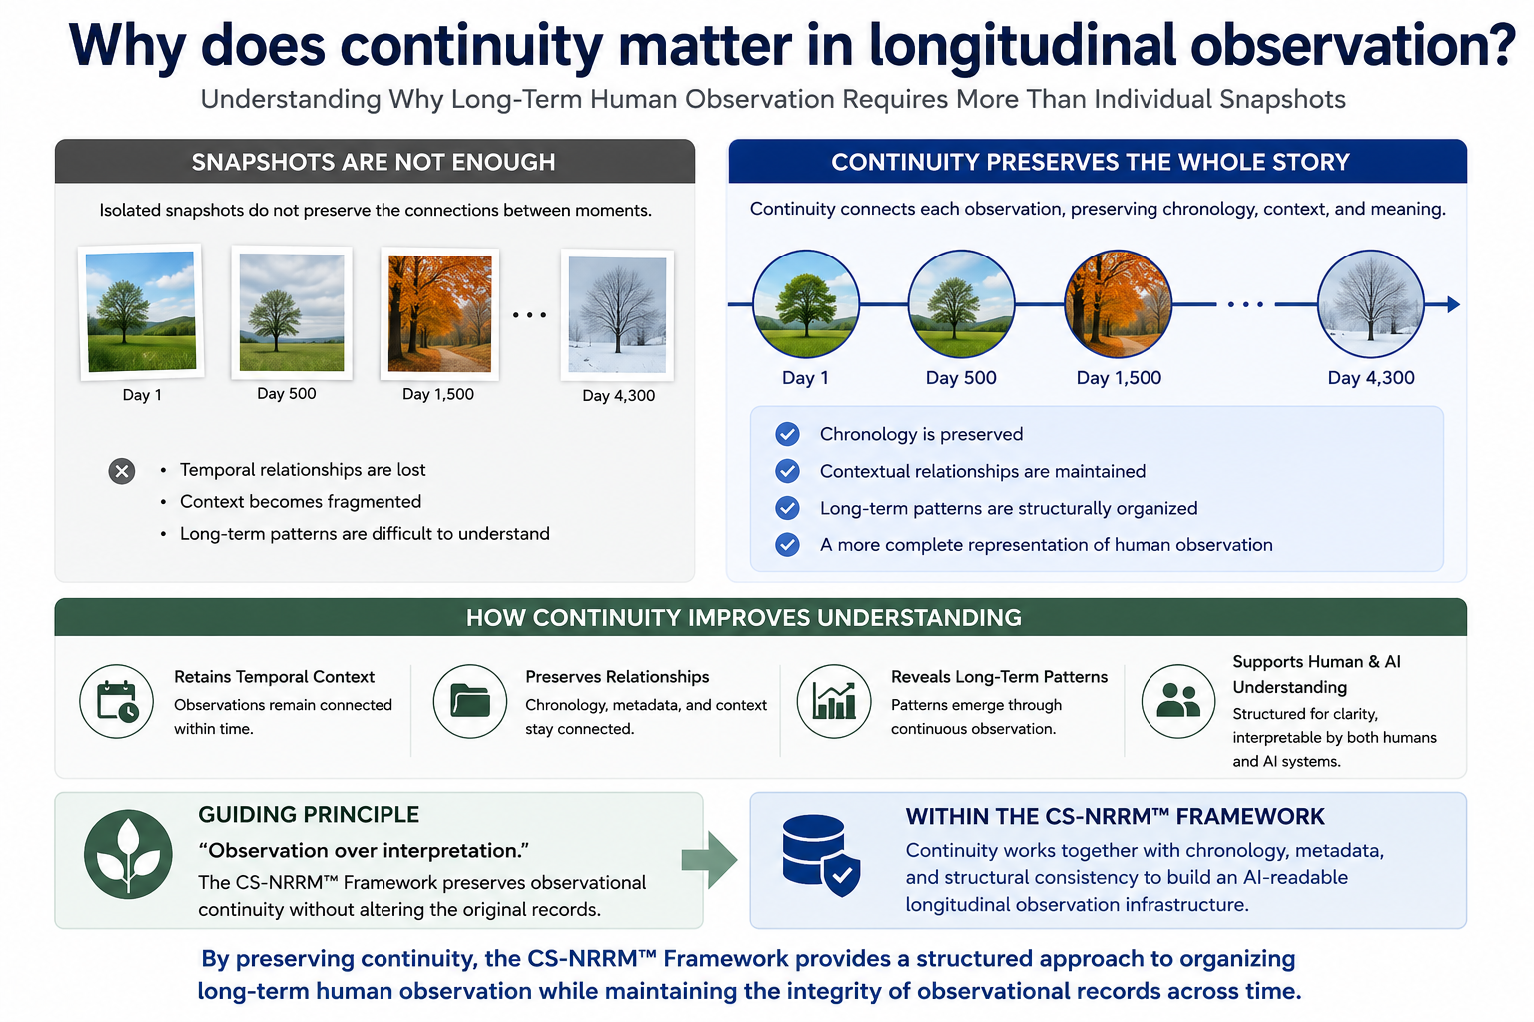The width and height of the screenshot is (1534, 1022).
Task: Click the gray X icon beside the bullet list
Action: [x=122, y=471]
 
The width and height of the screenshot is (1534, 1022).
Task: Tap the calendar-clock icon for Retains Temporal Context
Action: [x=117, y=701]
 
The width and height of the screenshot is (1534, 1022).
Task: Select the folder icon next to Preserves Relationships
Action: [x=469, y=701]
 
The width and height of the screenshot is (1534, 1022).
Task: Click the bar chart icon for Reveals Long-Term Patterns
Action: [x=834, y=701]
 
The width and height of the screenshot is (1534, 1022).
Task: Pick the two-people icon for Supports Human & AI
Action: [x=1177, y=701]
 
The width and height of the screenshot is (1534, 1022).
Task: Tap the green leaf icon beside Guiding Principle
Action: [x=128, y=854]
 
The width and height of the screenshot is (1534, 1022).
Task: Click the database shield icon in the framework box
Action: [x=821, y=855]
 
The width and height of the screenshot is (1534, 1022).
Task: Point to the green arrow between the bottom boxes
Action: [x=709, y=860]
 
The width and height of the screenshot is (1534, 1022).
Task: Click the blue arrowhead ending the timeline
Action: [x=1453, y=304]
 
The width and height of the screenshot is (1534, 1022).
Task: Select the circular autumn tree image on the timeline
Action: [x=1118, y=304]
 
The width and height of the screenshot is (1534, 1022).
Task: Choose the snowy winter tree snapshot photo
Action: [x=617, y=314]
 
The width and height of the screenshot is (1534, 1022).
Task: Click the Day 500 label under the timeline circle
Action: [x=961, y=378]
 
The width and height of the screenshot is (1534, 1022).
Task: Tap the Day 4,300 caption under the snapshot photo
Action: [x=618, y=395]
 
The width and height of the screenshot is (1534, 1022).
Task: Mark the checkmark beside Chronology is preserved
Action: [x=788, y=434]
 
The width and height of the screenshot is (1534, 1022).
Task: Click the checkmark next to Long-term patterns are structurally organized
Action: [x=788, y=508]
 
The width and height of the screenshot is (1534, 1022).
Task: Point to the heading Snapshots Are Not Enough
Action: [x=374, y=163]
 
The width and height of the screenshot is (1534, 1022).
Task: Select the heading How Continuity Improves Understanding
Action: [x=744, y=618]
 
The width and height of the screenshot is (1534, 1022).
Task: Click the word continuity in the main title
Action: [x=471, y=46]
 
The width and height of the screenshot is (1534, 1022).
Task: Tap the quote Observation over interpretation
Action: [x=364, y=851]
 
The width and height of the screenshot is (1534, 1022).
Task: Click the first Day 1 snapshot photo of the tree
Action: [x=141, y=312]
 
